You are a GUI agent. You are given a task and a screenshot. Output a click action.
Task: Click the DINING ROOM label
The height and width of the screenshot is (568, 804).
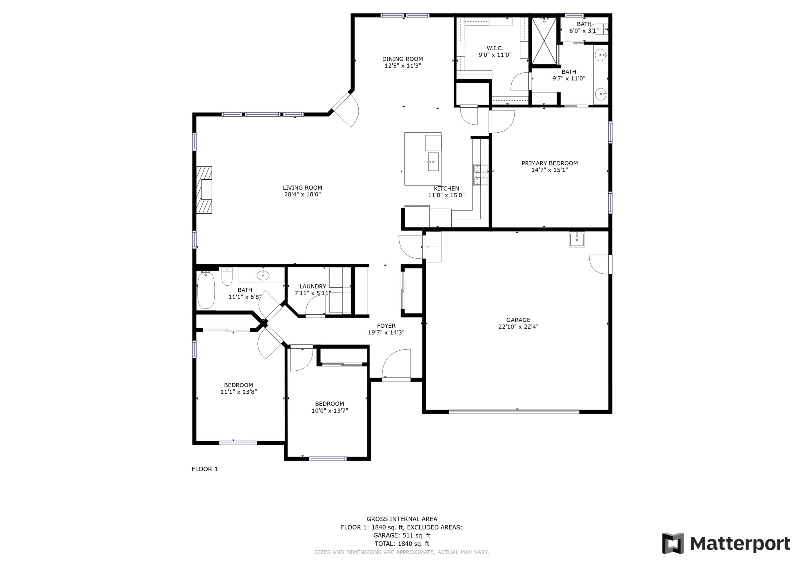[x=402, y=59]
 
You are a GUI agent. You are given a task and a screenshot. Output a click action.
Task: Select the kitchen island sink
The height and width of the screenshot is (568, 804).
[x=433, y=162]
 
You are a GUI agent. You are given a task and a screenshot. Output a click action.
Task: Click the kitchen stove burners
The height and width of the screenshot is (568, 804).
[x=481, y=175]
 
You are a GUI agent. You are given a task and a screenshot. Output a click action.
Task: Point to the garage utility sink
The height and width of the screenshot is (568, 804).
[x=576, y=240]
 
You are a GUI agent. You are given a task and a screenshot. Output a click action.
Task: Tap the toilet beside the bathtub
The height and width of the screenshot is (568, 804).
[x=227, y=276]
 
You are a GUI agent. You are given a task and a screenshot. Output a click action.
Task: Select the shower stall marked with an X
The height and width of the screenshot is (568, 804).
[x=544, y=41]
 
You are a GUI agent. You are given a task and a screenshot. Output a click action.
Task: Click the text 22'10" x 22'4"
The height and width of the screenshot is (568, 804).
[x=518, y=326]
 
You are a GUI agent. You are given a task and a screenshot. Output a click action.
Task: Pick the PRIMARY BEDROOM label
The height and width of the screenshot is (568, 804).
[x=549, y=163]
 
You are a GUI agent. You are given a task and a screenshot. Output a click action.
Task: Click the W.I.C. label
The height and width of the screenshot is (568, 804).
[x=495, y=48]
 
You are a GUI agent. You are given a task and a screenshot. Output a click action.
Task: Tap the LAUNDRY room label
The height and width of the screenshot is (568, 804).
[x=313, y=286]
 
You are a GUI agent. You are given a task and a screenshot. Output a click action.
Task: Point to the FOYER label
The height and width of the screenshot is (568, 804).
[x=386, y=326]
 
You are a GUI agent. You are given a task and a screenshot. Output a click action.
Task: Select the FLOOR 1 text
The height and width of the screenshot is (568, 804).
[x=204, y=469]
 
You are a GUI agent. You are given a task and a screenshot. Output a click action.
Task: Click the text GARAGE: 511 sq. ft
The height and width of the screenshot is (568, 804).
[x=402, y=535]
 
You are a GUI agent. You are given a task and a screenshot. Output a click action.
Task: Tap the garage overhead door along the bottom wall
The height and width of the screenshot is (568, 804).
[x=514, y=412]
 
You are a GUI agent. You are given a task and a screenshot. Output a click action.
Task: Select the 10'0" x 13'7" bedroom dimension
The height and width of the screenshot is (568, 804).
[x=330, y=411]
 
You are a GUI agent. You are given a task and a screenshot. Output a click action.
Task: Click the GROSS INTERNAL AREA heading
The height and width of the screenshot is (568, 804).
[x=402, y=519]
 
